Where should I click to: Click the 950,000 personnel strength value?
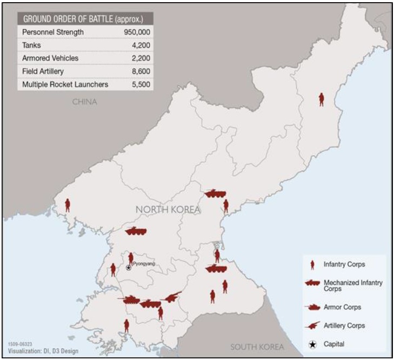pyautogui.click(x=136, y=32)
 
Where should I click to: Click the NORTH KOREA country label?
pyautogui.click(x=168, y=210)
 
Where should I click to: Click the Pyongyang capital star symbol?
pyautogui.click(x=129, y=268)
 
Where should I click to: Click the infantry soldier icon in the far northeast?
pyautogui.click(x=322, y=99)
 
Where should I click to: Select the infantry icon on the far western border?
pyautogui.click(x=68, y=205)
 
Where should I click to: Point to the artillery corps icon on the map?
pyautogui.click(x=172, y=297)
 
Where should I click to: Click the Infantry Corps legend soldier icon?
pyautogui.click(x=312, y=265)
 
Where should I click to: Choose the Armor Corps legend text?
pyautogui.click(x=342, y=307)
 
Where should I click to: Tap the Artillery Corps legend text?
pyautogui.click(x=344, y=325)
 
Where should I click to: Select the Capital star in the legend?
pyautogui.click(x=312, y=344)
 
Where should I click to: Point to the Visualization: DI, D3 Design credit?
pyautogui.click(x=43, y=351)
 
